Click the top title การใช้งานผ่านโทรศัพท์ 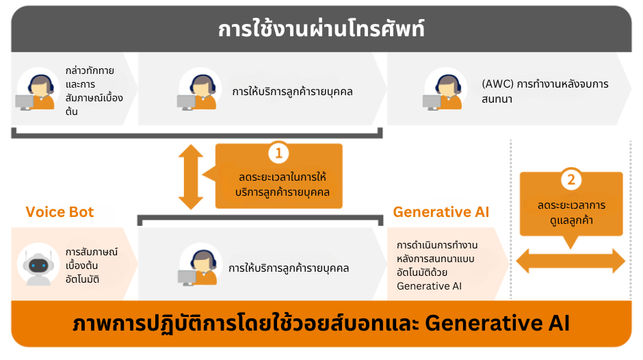tap(321, 30)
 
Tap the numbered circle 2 tap(570, 181)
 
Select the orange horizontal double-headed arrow tap(570, 261)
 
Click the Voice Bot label tap(60, 211)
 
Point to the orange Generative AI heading tap(441, 212)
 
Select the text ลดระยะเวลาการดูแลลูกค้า tap(571, 213)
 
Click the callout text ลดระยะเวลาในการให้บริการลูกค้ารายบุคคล tap(282, 185)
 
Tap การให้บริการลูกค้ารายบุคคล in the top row tap(292, 90)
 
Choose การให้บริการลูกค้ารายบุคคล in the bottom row tap(289, 268)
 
